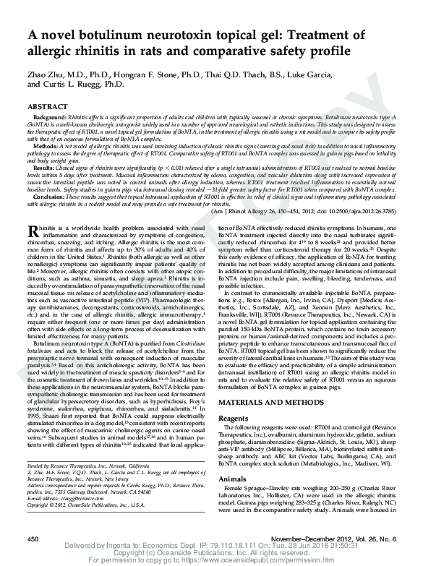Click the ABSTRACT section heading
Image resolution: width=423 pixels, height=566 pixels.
pyautogui.click(x=47, y=106)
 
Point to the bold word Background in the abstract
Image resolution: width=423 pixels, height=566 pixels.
pyautogui.click(x=46, y=116)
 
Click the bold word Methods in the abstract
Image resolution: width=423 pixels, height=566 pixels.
pyautogui.click(x=43, y=146)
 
